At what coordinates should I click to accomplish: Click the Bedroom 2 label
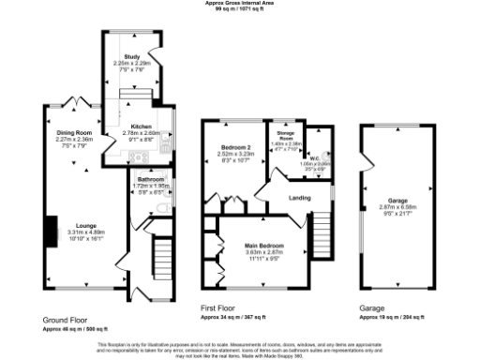(x=229, y=149)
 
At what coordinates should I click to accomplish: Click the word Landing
(x=300, y=198)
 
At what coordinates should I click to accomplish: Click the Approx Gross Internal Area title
(x=240, y=3)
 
